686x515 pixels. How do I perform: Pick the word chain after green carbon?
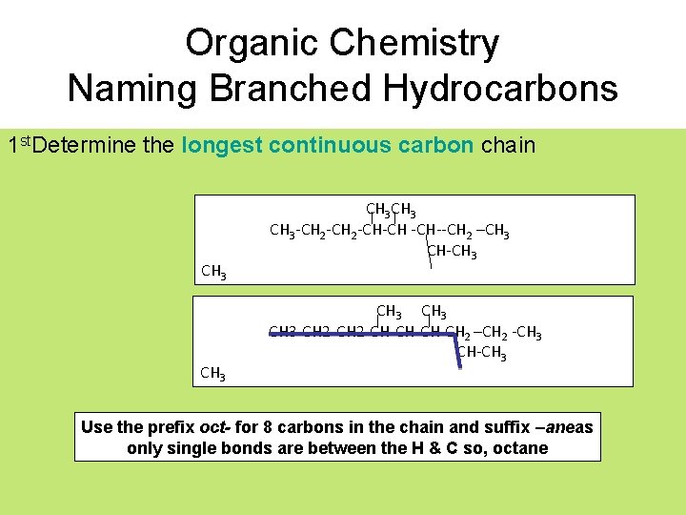pyautogui.click(x=509, y=145)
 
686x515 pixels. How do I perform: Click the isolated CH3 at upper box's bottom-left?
pyautogui.click(x=213, y=273)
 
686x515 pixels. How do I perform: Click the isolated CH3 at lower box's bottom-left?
pyautogui.click(x=213, y=373)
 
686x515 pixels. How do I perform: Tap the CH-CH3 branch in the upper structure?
pyautogui.click(x=452, y=252)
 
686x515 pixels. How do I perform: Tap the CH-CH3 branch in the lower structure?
pyautogui.click(x=481, y=354)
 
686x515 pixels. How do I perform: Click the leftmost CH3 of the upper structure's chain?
pyautogui.click(x=282, y=231)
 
